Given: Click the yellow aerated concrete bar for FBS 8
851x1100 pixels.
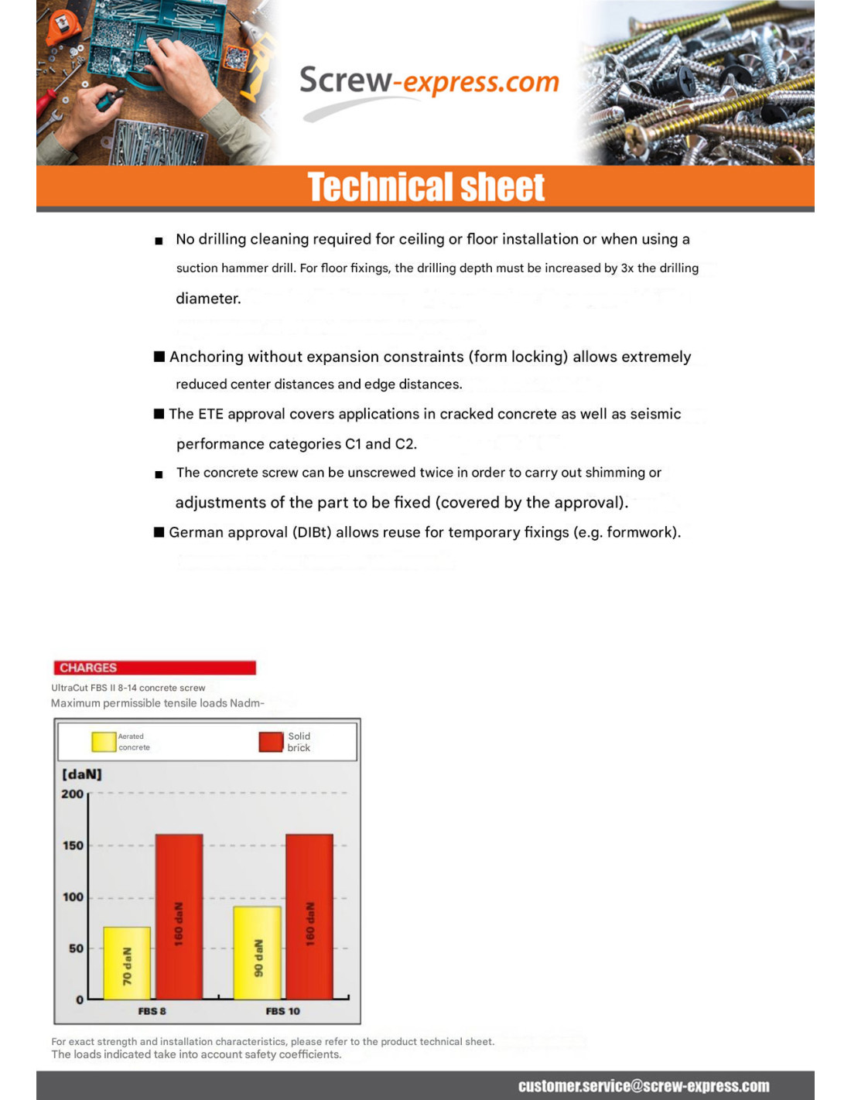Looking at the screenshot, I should click(127, 963).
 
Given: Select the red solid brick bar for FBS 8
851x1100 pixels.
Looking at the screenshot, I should click(179, 917).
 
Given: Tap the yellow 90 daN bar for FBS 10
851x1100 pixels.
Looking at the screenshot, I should click(257, 953).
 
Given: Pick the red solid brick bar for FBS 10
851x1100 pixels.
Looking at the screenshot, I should click(309, 917).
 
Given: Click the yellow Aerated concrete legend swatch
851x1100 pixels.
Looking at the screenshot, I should click(104, 742).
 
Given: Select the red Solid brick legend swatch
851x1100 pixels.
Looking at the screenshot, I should click(271, 742).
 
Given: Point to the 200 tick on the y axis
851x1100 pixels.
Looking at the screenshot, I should click(73, 794).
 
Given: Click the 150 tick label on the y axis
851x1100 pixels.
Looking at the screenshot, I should click(73, 845).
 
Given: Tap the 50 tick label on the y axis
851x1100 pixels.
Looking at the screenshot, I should click(76, 948).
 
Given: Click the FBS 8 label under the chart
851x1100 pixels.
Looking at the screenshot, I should click(152, 1011).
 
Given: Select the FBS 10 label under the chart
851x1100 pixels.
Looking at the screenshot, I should click(282, 1011).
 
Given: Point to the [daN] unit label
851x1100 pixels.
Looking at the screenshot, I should click(81, 774).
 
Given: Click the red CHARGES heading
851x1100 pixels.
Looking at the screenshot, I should click(88, 668).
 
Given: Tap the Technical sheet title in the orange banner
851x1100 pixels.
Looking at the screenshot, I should click(426, 187).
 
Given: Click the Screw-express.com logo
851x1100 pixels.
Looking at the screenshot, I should click(429, 82).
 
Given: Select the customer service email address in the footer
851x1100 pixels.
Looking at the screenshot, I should click(644, 1086).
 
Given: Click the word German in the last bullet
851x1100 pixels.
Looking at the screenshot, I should click(194, 532).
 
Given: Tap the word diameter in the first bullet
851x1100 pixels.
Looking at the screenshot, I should click(208, 299).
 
